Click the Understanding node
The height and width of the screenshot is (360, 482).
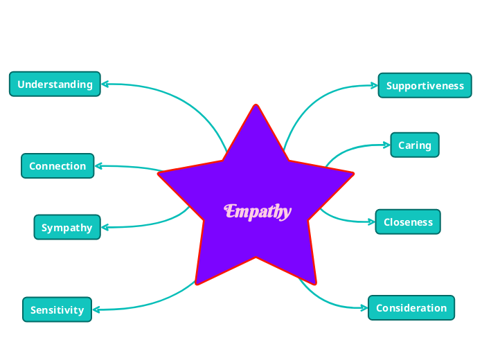coord(55,84)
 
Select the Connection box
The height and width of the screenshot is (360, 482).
coord(57,166)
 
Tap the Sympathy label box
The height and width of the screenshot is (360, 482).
coord(66,227)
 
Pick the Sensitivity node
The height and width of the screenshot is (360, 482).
coord(57,309)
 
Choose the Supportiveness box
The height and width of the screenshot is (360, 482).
coord(425,85)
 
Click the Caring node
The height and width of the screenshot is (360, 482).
coord(414,145)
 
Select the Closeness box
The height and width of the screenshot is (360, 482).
coord(408,222)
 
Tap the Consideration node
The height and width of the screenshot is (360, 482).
coord(411,307)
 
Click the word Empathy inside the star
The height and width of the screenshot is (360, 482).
coord(258,210)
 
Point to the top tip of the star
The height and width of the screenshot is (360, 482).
coord(256,106)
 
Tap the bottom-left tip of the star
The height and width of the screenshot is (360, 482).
coord(197,283)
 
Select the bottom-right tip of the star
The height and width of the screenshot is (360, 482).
coord(315,283)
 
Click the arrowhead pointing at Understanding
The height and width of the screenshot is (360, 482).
coord(105,84)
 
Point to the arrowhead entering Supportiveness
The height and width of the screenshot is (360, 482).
coord(374,86)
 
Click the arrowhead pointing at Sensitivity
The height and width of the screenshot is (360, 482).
coord(96,309)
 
